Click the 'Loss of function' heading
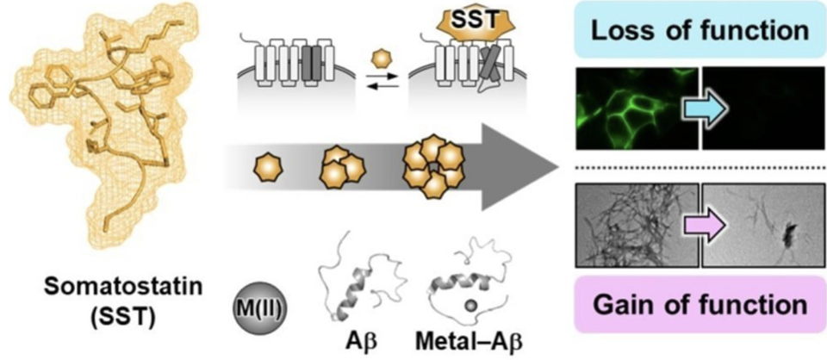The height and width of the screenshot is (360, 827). coord(700,30)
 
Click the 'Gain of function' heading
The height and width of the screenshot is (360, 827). coord(700,304)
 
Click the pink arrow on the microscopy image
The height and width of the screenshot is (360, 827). coord(705,227)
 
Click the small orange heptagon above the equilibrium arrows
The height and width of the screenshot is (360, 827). coord(377,58)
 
